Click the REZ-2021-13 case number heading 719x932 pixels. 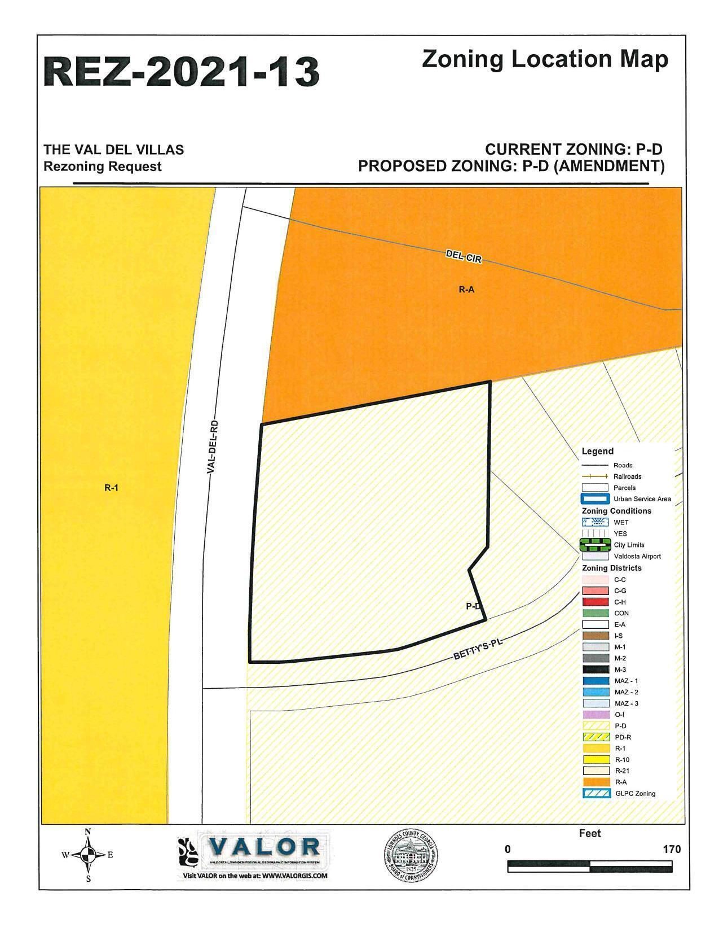tap(182, 72)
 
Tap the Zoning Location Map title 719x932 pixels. tap(545, 59)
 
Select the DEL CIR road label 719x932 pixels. tap(464, 257)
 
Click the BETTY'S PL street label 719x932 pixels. tap(477, 650)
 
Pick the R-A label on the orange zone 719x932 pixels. tap(466, 290)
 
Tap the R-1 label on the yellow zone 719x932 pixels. tap(111, 488)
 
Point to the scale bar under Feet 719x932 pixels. tap(589, 866)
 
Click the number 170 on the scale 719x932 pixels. tap(672, 849)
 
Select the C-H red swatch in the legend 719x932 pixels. tap(596, 602)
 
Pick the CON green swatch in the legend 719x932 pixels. tap(596, 613)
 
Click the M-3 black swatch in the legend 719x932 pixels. tap(596, 670)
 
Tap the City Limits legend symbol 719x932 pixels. tap(596, 545)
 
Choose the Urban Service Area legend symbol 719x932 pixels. tap(596, 499)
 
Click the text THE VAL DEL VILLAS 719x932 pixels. tap(114, 150)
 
